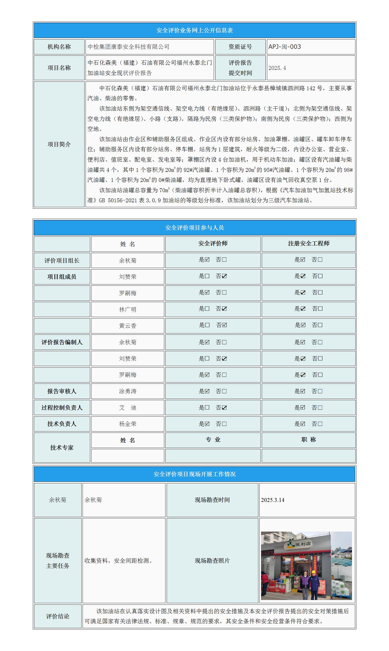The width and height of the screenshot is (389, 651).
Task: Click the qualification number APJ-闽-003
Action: click(x=284, y=47)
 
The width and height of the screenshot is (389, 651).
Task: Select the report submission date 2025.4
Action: click(x=277, y=68)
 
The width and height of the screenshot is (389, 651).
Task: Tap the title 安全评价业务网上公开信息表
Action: click(x=195, y=30)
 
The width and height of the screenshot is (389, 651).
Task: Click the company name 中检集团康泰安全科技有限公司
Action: click(x=128, y=47)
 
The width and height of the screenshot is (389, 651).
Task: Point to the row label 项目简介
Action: click(x=59, y=144)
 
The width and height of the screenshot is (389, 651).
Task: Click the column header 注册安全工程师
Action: click(x=309, y=243)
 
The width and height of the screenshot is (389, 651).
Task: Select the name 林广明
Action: click(x=128, y=309)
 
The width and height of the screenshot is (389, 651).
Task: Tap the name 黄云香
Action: click(x=128, y=326)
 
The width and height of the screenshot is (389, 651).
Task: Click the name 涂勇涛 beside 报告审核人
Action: click(x=128, y=391)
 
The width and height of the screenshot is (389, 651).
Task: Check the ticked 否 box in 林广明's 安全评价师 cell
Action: click(x=224, y=309)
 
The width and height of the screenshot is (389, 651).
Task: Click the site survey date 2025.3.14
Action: click(x=273, y=500)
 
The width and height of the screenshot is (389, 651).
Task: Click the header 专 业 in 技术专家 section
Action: click(x=213, y=440)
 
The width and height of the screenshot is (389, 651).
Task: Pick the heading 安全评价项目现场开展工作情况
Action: click(x=195, y=474)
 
